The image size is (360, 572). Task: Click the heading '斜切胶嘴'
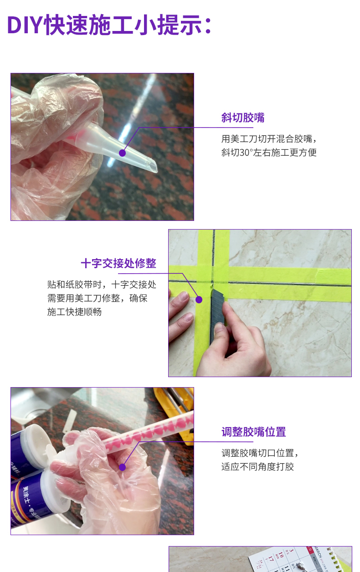click(243, 117)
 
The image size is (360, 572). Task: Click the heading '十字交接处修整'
click(118, 263)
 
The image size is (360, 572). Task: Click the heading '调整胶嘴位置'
click(254, 432)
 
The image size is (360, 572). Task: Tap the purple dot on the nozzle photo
click(122, 153)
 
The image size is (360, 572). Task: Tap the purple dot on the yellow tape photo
click(199, 299)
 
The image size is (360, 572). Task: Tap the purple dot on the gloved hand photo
click(123, 467)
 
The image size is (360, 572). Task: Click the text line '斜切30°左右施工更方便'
click(269, 153)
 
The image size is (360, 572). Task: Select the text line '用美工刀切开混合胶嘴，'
click(269, 139)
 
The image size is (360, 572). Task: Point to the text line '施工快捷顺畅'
click(74, 312)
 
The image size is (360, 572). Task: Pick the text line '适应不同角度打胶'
click(257, 467)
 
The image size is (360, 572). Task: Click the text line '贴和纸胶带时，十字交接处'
click(102, 285)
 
